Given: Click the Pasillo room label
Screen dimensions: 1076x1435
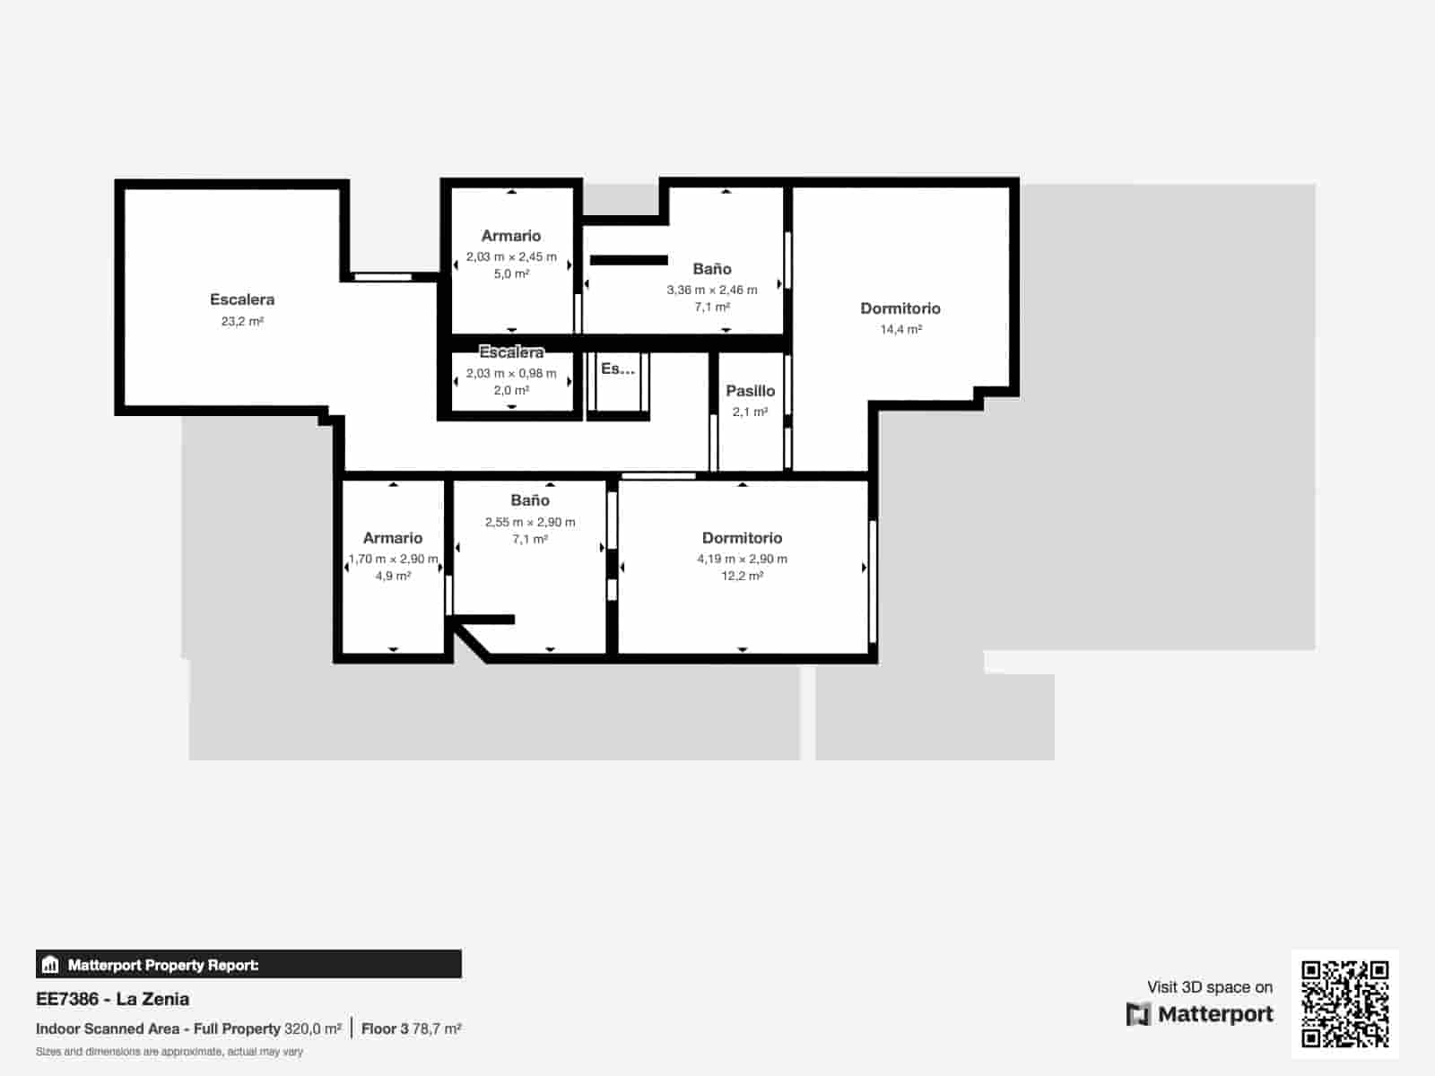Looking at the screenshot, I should [x=750, y=391].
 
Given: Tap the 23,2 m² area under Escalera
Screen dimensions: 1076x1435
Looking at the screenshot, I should [x=242, y=321].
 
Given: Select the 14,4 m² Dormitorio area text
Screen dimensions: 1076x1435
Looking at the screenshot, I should [x=900, y=329].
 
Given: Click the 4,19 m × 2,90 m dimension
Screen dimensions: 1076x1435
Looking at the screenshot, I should [x=742, y=559].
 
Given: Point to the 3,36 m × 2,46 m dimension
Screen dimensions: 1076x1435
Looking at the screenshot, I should [x=711, y=290].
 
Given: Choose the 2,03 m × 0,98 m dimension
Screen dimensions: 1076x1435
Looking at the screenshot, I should [x=511, y=373].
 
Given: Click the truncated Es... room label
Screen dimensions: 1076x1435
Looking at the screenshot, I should [x=617, y=369].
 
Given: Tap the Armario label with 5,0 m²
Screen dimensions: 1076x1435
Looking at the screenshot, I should [x=511, y=236].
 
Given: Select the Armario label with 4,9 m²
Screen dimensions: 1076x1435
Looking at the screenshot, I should [x=393, y=538].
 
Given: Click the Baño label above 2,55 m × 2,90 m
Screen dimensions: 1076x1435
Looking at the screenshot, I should [x=530, y=500].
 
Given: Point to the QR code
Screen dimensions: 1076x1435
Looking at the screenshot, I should [x=1344, y=1003].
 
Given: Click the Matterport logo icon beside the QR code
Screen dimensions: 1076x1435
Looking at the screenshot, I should [x=1138, y=1014].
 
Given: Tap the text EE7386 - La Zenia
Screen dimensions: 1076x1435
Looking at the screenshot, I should [x=112, y=999].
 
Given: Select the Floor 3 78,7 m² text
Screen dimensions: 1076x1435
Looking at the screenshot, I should [x=411, y=1028].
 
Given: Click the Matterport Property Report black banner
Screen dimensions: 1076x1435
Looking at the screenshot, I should [x=248, y=965].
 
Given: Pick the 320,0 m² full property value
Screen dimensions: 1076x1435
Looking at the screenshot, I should [x=312, y=1028].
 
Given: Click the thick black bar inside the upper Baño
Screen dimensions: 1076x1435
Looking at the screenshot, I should [x=629, y=260].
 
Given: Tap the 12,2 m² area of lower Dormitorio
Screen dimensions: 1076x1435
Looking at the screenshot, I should [x=742, y=576].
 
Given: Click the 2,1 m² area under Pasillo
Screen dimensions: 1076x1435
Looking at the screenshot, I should [x=750, y=412].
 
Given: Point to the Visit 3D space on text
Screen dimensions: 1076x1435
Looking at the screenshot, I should [x=1209, y=987].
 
